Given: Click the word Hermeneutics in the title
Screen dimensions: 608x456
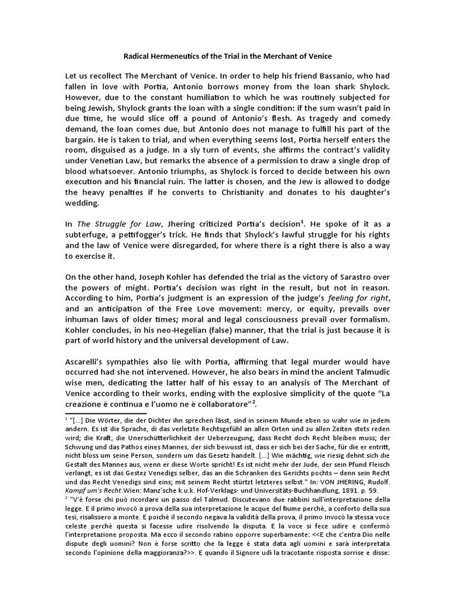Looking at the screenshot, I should pyautogui.click(x=180, y=56).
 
